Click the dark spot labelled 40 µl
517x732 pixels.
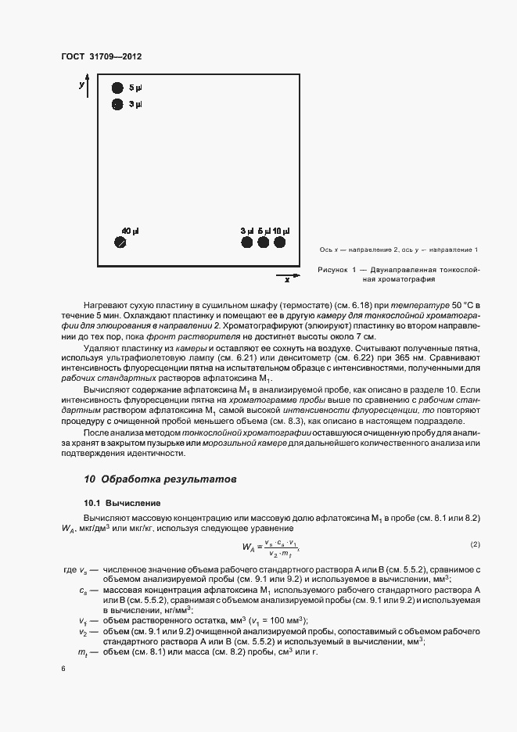click(120, 243)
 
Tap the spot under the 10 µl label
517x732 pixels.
click(279, 242)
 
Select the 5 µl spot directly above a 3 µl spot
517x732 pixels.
click(117, 88)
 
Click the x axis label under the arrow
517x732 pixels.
click(287, 279)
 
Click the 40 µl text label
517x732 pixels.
click(130, 231)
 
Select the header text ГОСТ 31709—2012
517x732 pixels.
click(100, 57)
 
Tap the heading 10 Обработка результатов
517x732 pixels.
click(159, 479)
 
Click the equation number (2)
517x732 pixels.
click(474, 544)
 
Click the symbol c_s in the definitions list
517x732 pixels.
click(82, 589)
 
